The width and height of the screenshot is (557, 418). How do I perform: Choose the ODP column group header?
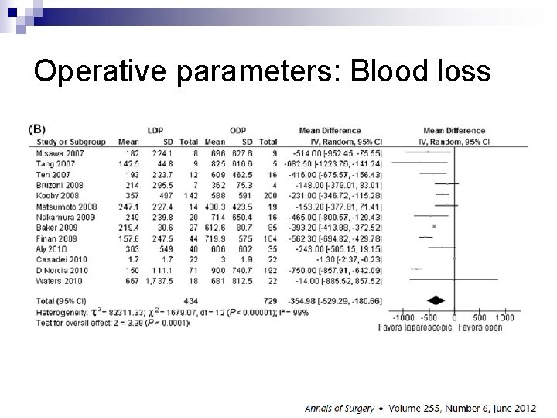[238, 130]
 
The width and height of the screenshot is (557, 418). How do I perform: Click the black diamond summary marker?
[437, 300]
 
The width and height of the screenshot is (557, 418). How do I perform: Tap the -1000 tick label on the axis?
[403, 318]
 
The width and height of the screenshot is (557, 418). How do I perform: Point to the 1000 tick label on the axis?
[504, 318]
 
